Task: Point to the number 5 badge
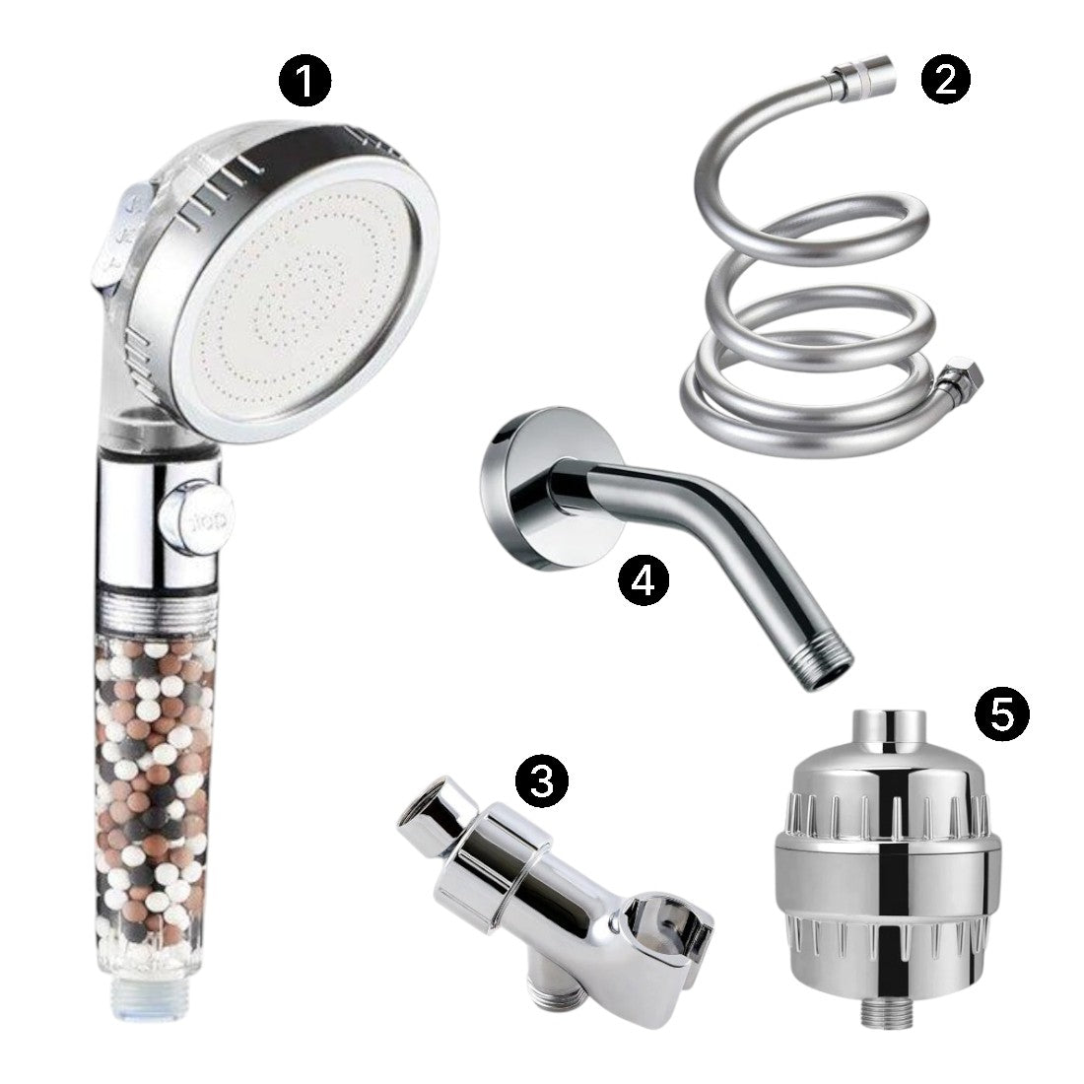[1001, 713]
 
